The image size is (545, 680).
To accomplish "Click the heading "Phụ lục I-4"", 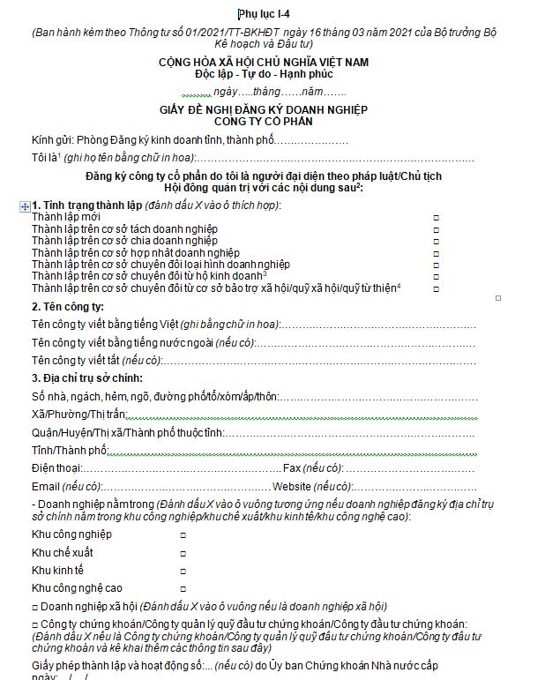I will tap(270, 13).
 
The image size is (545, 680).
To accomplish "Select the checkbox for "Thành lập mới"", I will tap(436, 217).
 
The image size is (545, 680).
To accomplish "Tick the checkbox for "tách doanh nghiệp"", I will tap(436, 229).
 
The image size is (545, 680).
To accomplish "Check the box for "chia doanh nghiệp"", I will tap(436, 241).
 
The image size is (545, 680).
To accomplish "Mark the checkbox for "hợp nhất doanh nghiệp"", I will tap(436, 253).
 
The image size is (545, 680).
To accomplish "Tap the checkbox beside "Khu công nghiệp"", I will tap(183, 535).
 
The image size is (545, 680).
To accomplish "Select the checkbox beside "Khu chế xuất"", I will tap(183, 553).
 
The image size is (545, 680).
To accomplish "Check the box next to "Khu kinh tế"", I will tap(183, 571).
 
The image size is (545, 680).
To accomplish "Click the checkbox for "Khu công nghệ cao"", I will tap(183, 588).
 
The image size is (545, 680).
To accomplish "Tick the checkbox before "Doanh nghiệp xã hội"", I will tap(34, 607).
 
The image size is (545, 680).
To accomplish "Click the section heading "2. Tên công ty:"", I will tap(68, 307).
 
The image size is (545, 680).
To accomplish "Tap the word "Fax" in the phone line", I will tap(290, 467).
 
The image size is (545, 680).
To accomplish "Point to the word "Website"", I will tap(291, 487).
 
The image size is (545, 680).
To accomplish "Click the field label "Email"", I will tap(46, 487).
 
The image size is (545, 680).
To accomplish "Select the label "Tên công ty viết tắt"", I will tap(75, 361).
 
